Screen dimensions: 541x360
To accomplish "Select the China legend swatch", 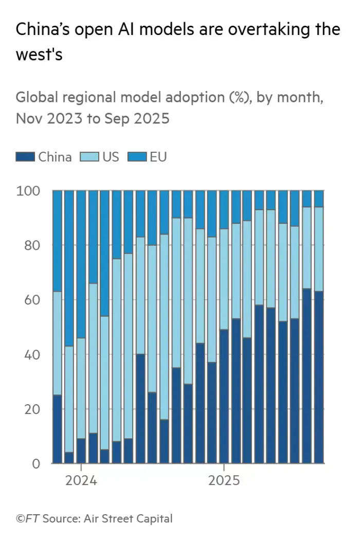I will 25,157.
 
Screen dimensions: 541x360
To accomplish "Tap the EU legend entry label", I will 158,157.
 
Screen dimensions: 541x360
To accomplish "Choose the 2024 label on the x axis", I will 81,480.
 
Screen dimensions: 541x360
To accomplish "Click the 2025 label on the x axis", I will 224,480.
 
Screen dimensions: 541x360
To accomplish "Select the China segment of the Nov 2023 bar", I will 57,429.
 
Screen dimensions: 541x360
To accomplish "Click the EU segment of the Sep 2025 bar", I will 319,199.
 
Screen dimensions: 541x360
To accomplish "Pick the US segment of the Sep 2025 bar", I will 319,249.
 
